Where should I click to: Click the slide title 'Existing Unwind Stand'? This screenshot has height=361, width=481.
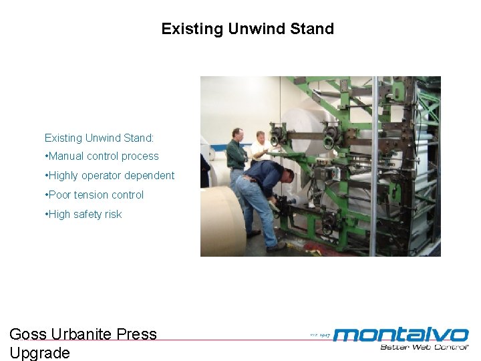click(x=247, y=29)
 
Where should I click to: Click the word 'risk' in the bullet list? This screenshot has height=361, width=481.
click(x=112, y=215)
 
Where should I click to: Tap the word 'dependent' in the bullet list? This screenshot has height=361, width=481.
click(x=151, y=176)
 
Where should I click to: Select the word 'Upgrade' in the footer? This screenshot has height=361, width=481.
click(x=39, y=353)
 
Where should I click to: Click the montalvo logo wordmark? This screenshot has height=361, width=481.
click(x=401, y=334)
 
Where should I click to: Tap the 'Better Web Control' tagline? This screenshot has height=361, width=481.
click(x=424, y=347)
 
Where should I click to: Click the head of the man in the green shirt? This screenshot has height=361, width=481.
click(x=236, y=134)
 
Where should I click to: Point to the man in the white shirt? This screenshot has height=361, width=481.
click(x=260, y=148)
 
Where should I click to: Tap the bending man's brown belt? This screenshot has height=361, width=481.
click(x=249, y=178)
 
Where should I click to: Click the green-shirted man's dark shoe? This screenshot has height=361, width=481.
click(x=253, y=233)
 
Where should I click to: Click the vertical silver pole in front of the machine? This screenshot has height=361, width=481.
click(x=373, y=167)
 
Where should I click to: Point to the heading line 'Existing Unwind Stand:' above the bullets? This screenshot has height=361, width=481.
click(x=99, y=138)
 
